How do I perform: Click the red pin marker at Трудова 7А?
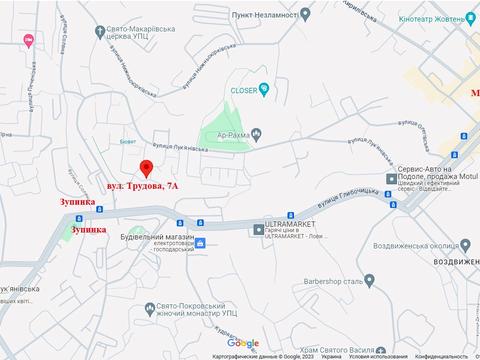tap(146, 167)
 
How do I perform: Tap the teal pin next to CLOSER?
tap(264, 88)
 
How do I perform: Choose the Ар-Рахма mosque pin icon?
tap(257, 133)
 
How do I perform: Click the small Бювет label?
tap(128, 143)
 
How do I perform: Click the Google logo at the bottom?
tap(242, 344)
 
